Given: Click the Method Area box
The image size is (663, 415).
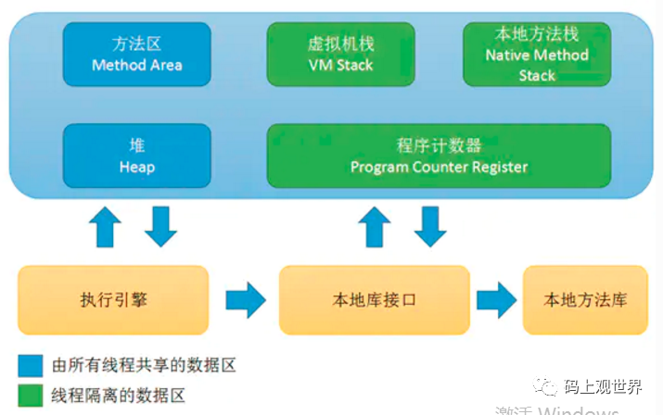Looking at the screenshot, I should (x=136, y=54).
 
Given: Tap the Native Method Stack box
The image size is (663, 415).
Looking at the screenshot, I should (x=537, y=54).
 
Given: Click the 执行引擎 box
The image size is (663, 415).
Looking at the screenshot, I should (x=114, y=300).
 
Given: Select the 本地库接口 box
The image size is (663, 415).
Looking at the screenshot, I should (x=374, y=300).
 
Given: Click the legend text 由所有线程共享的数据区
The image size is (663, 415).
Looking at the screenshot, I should (x=144, y=365).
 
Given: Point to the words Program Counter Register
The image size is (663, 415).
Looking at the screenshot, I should (x=439, y=168).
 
